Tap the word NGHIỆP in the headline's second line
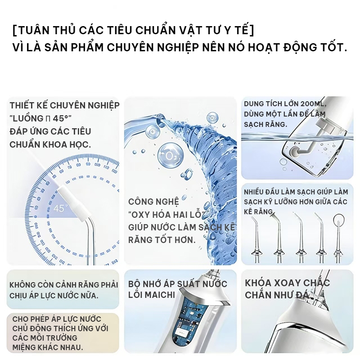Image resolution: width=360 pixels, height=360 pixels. (176, 47)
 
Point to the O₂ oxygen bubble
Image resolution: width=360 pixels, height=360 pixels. (171, 155)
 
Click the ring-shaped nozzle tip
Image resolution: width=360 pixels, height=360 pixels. (339, 220)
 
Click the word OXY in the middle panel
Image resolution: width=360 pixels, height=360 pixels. (140, 215)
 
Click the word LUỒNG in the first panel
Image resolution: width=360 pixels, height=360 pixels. (28, 118)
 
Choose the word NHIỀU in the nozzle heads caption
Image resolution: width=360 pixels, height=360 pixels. (253, 192)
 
